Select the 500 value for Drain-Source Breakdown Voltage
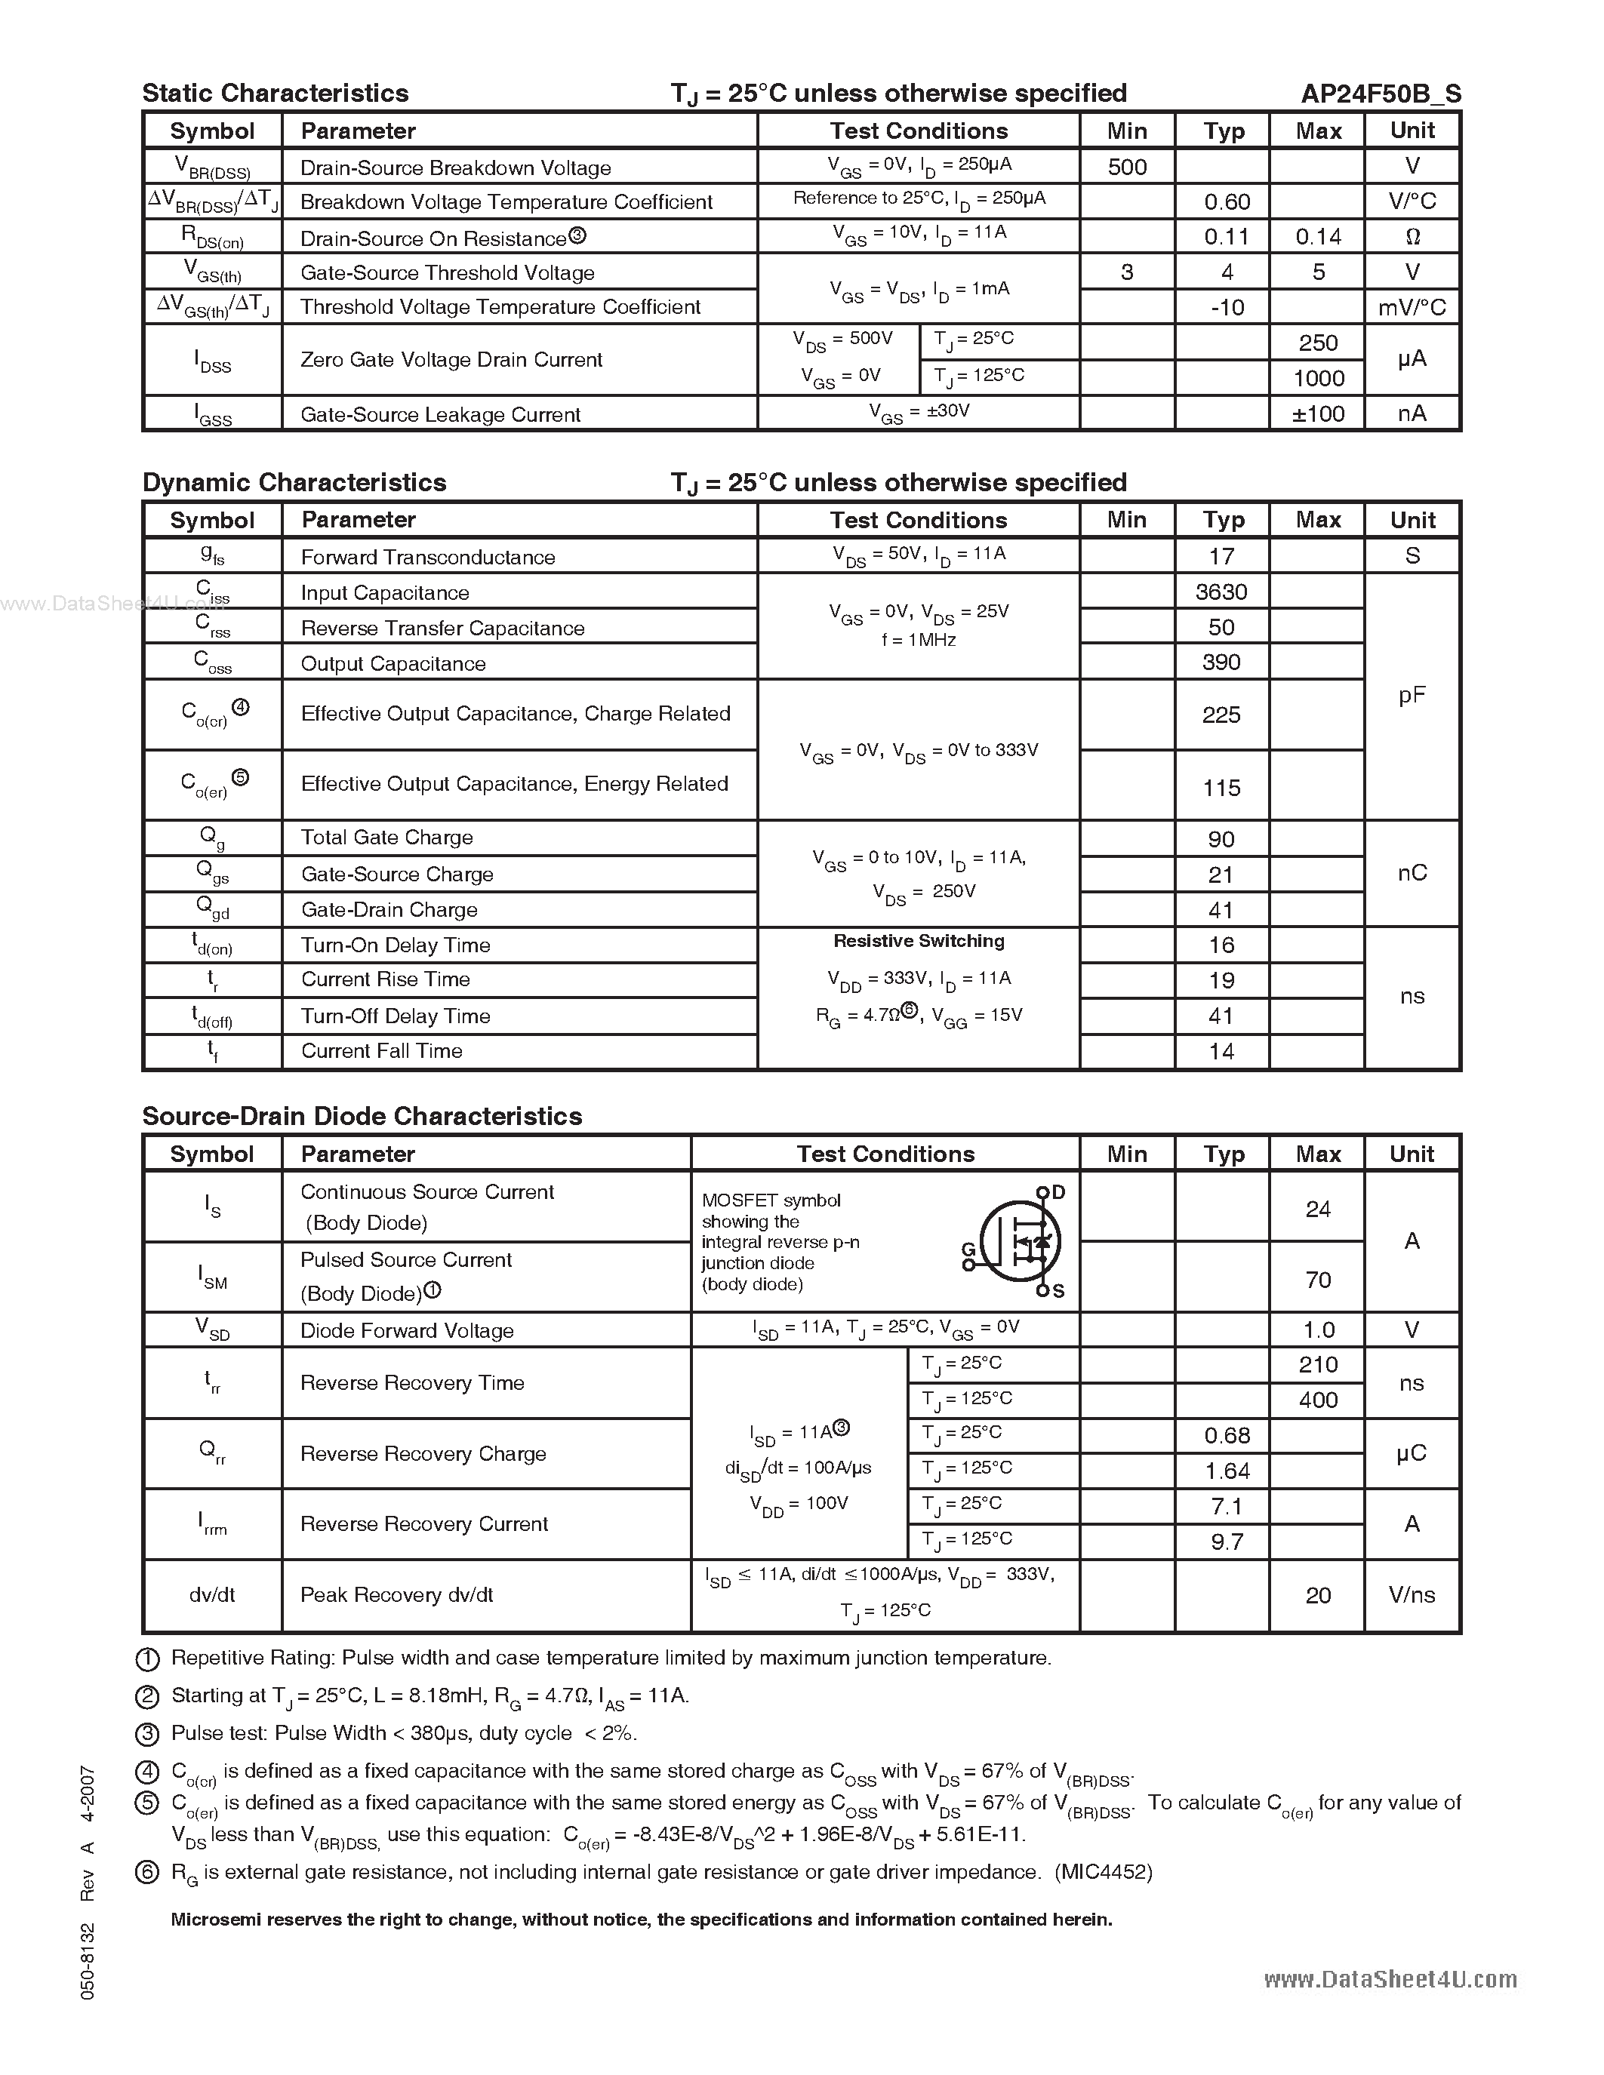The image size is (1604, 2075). [1127, 168]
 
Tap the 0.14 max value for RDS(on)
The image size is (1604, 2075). [1318, 237]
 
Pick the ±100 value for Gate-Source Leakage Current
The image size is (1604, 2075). [1318, 414]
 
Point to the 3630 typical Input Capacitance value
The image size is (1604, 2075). [1221, 592]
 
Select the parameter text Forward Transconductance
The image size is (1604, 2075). [427, 557]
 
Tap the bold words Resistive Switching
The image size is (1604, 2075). [918, 941]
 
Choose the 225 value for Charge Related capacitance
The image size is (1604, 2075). [1221, 715]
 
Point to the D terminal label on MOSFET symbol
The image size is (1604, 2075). [1058, 1192]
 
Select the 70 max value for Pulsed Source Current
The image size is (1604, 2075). [1318, 1280]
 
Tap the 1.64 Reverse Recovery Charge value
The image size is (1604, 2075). [1227, 1471]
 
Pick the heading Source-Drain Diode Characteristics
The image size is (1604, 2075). [362, 1117]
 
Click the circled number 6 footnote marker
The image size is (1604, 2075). [147, 1873]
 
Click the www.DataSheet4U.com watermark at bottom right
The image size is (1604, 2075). [1390, 1979]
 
